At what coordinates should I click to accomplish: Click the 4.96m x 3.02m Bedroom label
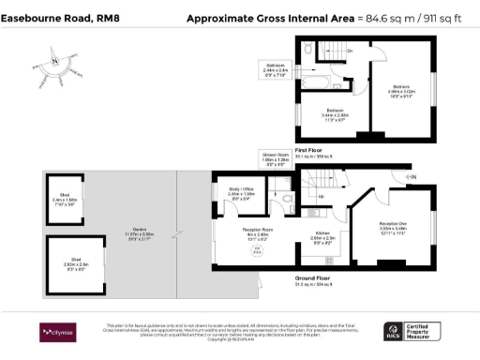click(401, 94)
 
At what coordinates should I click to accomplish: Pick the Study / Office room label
click(242, 195)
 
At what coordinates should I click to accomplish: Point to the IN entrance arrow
click(408, 176)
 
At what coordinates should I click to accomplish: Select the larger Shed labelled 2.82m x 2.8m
click(71, 265)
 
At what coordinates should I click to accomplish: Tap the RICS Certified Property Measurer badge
click(413, 330)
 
